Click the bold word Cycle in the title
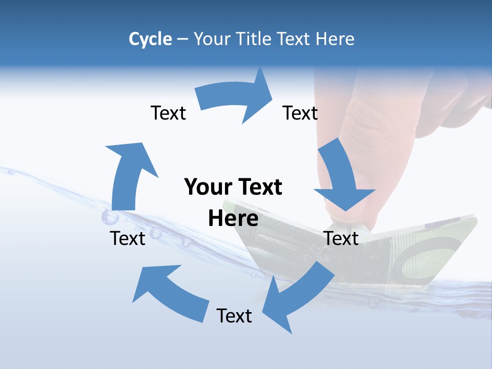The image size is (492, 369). tap(150, 39)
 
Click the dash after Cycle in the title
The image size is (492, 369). tap(182, 39)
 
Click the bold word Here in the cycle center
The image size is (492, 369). tap(233, 218)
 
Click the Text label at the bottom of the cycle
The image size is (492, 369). tap(234, 316)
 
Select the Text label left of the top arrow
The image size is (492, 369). tap(168, 113)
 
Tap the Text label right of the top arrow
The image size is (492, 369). tap(300, 113)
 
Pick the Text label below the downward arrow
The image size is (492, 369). tap(341, 238)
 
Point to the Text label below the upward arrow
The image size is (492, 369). tap(128, 238)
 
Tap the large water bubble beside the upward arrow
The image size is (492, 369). tap(110, 218)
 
